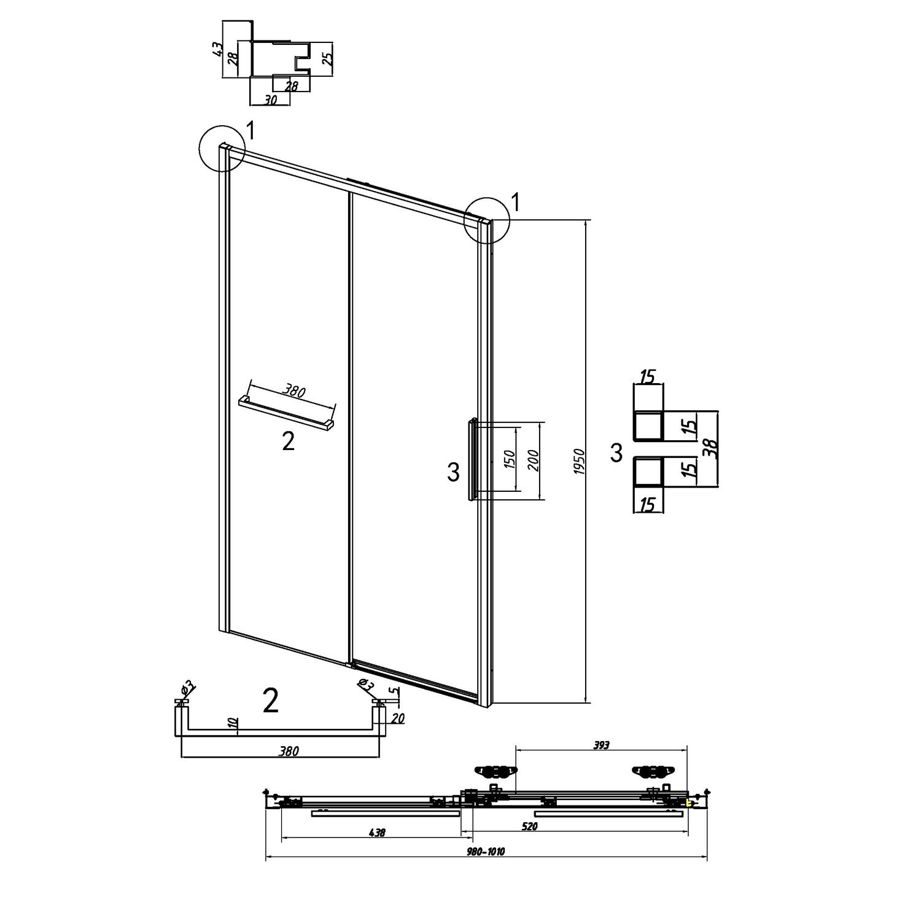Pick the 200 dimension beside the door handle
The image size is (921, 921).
tap(533, 460)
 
